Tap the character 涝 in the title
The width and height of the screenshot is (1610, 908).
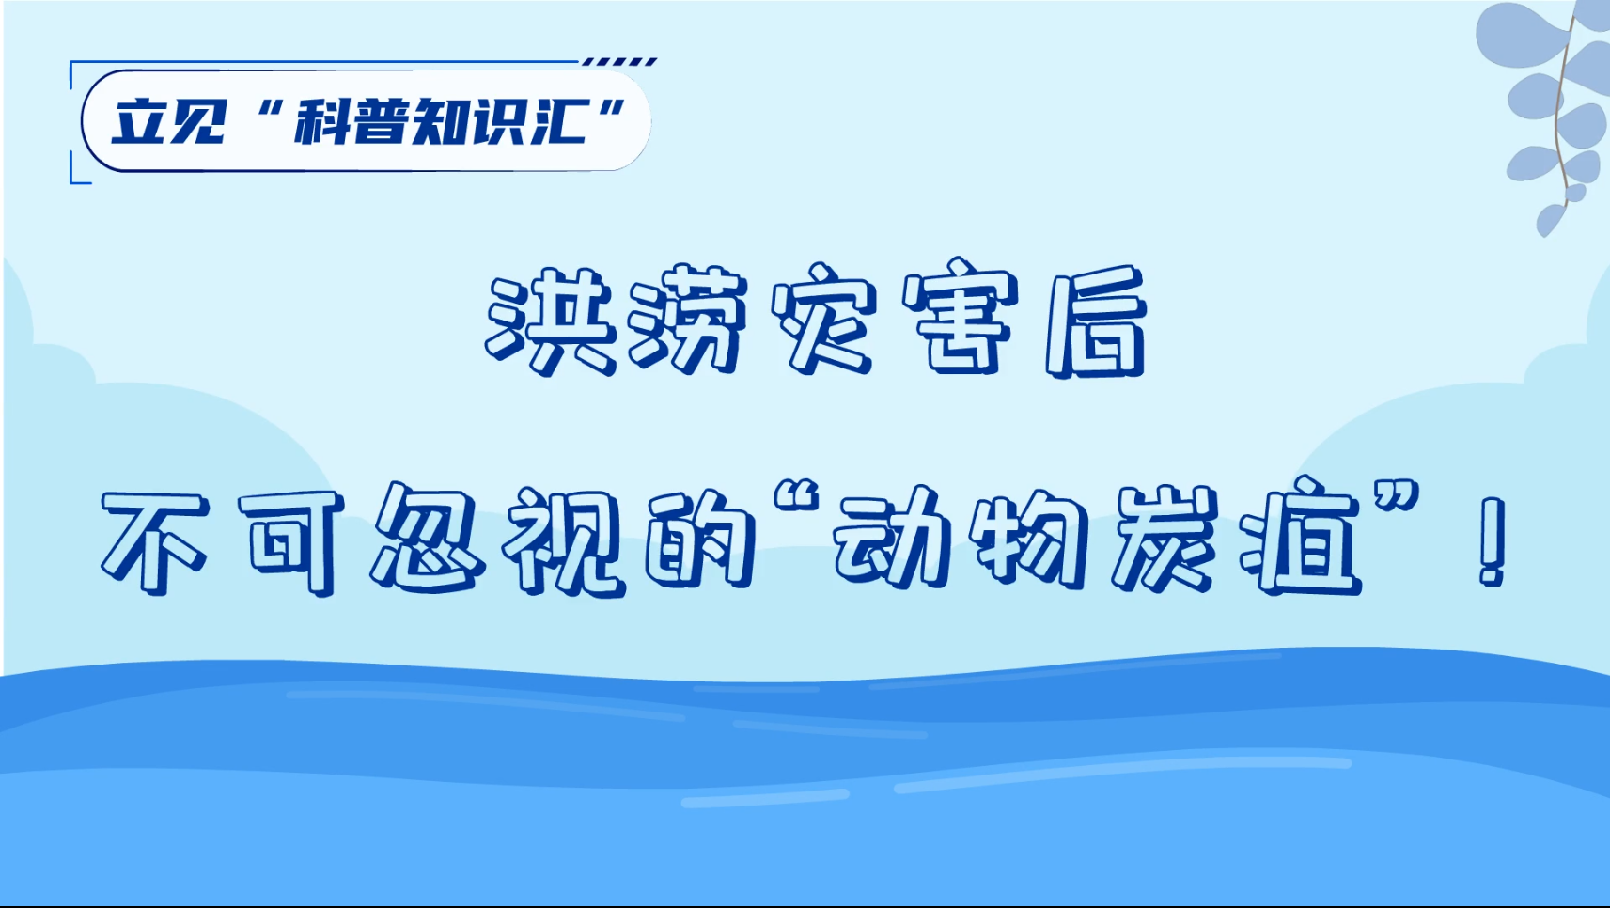(x=685, y=320)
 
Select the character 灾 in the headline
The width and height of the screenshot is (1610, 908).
(x=824, y=318)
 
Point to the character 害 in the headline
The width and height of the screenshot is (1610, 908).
(x=961, y=317)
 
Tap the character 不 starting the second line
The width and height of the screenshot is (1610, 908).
(x=155, y=542)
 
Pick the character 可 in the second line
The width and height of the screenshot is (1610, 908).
(x=291, y=542)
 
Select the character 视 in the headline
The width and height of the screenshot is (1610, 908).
(x=564, y=542)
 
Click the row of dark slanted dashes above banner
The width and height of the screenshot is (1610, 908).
(x=619, y=62)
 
